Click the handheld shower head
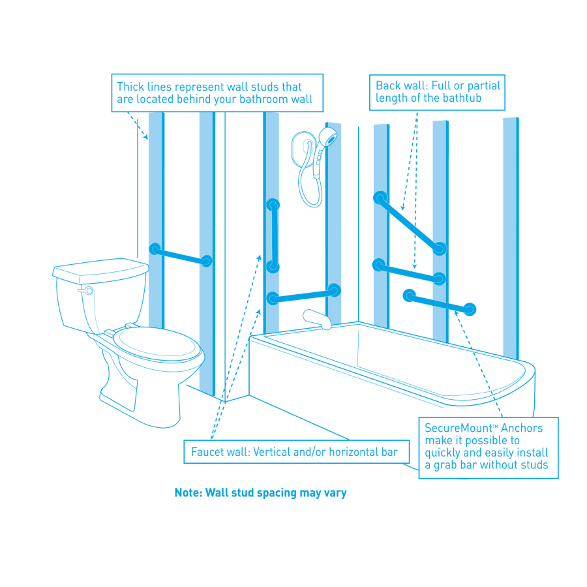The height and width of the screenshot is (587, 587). click(x=328, y=138)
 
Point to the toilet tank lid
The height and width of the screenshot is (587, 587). click(x=100, y=267)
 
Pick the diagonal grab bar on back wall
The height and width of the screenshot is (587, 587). click(x=410, y=222)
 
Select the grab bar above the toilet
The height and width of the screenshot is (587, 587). click(x=181, y=255)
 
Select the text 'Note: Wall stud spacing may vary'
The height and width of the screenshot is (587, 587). click(x=260, y=493)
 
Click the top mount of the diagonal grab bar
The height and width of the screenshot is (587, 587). click(x=380, y=197)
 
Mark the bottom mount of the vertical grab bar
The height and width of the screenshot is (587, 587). click(x=273, y=266)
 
